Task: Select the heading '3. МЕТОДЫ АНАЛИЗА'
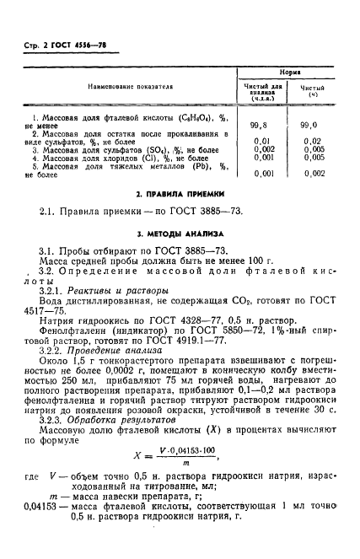(x=180, y=232)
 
